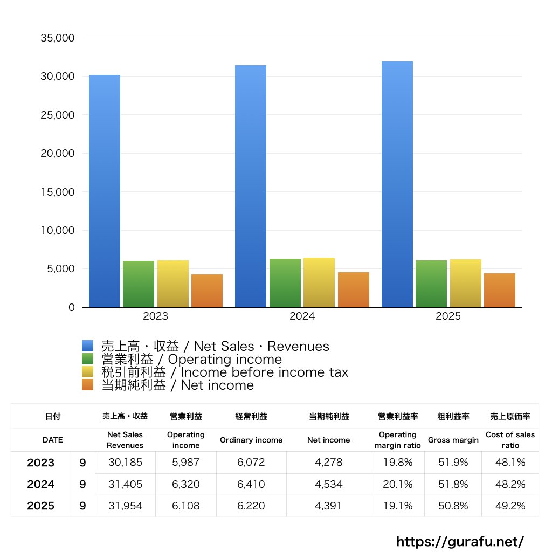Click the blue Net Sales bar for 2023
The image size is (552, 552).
coord(104,191)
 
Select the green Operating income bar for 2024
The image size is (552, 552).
coord(285,283)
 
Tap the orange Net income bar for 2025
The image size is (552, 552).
coord(499,290)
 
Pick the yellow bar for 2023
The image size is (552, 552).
coord(172,284)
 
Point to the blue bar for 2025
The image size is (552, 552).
coord(397,184)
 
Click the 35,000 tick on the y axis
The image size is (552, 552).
coord(57,38)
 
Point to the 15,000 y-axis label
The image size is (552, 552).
coord(57,192)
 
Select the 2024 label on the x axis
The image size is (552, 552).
coord(302,316)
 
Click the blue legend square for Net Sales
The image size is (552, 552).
coord(88,346)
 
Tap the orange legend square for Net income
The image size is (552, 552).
coord(88,385)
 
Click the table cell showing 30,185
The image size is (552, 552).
coord(125,463)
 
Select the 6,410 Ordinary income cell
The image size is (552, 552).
coord(251,484)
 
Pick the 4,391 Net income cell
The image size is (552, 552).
coord(329,506)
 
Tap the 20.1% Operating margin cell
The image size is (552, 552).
coord(397,484)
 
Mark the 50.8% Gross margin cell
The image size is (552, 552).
coord(453,506)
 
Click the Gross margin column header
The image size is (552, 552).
coord(453,440)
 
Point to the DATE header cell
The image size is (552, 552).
coord(53,440)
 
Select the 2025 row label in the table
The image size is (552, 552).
coord(41,506)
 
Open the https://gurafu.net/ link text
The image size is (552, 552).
coord(460,541)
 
